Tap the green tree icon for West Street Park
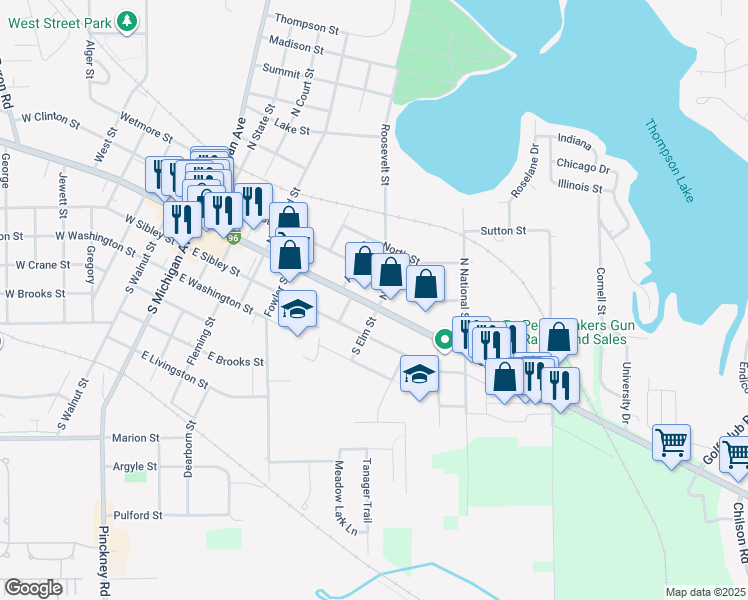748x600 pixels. (x=127, y=20)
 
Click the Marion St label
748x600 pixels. (x=135, y=437)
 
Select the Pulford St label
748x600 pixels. (x=137, y=515)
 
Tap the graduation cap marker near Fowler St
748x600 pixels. (x=297, y=311)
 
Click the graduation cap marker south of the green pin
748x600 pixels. (x=420, y=375)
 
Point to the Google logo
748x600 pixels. (x=33, y=588)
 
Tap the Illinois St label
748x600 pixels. (x=580, y=187)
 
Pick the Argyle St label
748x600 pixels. (x=135, y=466)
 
